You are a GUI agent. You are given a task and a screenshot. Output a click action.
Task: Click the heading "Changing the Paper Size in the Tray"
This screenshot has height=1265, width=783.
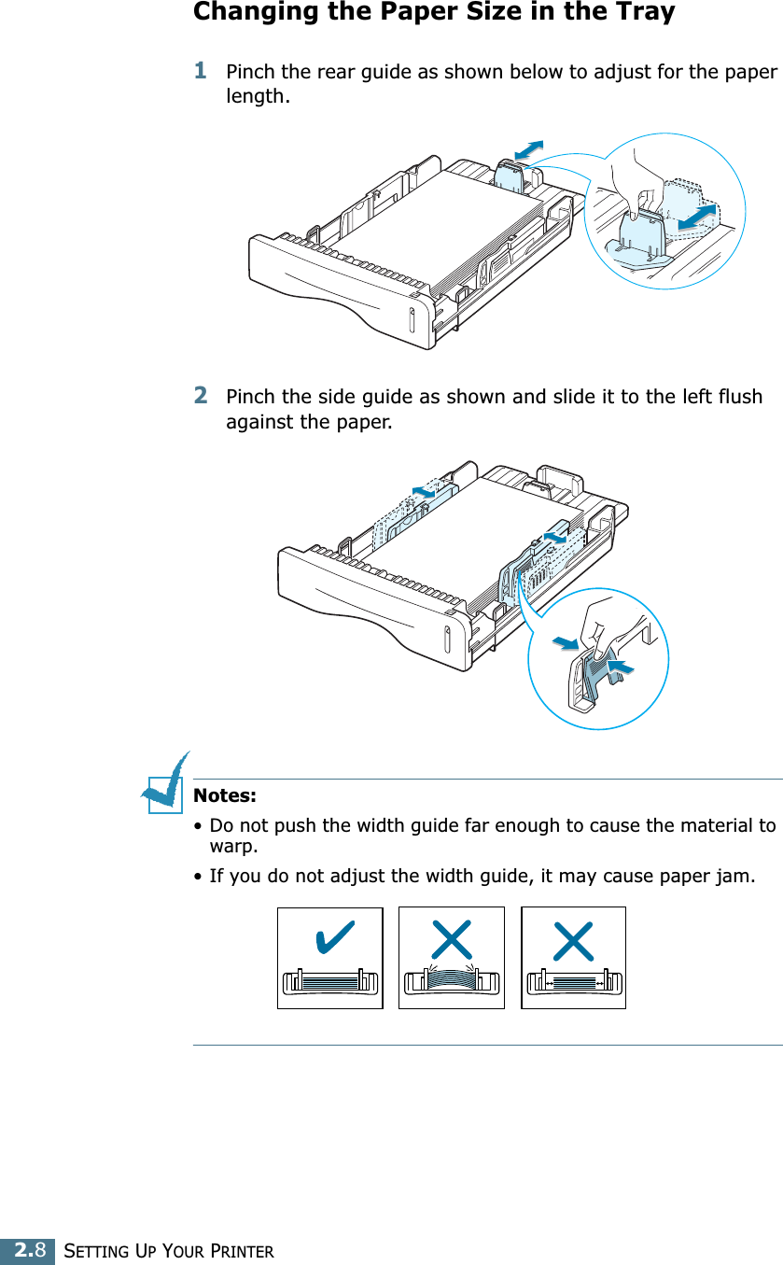pos(434,13)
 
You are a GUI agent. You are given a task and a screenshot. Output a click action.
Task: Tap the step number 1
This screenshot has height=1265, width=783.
pos(200,70)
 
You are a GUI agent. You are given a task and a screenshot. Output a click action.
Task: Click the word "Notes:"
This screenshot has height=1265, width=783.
pos(224,796)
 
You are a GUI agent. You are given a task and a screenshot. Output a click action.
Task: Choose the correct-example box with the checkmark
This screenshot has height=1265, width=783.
pos(329,958)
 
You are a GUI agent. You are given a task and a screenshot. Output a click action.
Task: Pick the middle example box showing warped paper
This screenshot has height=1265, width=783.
pos(451,958)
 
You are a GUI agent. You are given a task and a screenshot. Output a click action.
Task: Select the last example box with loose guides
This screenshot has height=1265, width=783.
pos(573,958)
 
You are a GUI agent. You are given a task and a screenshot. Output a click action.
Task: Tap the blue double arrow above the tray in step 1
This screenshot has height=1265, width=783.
pos(528,149)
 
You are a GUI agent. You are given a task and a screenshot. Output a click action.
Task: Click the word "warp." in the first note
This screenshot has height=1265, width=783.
pos(232,848)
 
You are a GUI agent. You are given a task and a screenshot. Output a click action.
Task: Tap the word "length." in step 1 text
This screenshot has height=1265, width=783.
pos(258,96)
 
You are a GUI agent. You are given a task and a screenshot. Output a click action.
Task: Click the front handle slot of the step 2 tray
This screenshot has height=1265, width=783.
pos(446,640)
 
